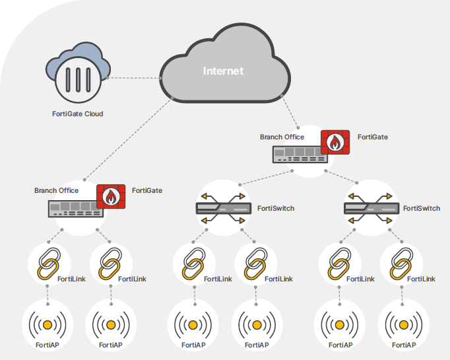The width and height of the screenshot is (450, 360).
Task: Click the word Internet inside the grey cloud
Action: [223, 71]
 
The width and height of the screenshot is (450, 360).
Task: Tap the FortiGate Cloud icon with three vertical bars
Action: [78, 80]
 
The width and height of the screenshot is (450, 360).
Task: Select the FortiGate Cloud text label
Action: [78, 114]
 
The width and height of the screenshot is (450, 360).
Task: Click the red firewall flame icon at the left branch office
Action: [111, 197]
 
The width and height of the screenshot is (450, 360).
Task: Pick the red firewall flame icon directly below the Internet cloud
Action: [335, 143]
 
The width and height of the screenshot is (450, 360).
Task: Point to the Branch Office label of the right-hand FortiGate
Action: [282, 137]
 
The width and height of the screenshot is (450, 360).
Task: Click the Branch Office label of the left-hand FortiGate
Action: [56, 190]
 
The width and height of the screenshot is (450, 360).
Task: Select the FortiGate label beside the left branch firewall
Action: [146, 190]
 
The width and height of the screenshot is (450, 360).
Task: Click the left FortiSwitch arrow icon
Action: [224, 208]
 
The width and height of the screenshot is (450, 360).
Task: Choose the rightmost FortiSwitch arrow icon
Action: [371, 208]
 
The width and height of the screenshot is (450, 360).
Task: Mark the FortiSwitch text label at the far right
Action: [421, 208]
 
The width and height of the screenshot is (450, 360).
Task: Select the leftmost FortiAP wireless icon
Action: [48, 325]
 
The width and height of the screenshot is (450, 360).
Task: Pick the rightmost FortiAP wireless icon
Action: [403, 325]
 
